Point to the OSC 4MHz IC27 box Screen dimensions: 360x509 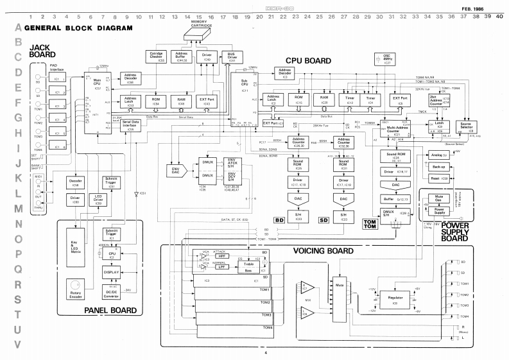tap(368, 59)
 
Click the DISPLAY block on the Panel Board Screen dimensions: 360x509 tap(113, 271)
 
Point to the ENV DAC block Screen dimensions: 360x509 tap(174, 171)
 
